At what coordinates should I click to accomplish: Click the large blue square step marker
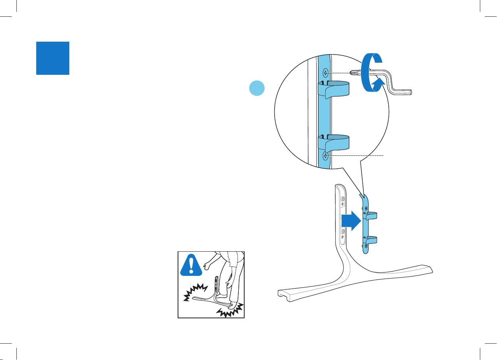click(x=53, y=58)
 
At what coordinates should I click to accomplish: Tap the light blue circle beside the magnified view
click(x=257, y=88)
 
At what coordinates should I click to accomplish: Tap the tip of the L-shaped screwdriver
click(x=352, y=72)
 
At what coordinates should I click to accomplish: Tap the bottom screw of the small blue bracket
click(x=366, y=246)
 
